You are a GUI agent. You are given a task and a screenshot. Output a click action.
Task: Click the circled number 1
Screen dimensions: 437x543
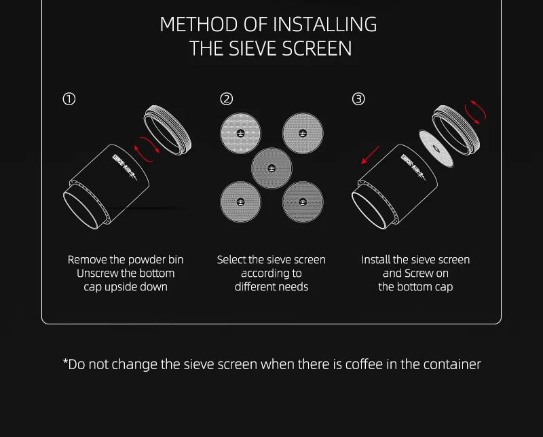69,99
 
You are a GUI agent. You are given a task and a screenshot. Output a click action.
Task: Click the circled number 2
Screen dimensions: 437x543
227,99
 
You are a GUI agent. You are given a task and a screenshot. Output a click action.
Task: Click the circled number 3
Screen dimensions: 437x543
358,99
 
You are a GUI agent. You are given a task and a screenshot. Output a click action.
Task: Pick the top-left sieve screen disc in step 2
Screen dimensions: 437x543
240,133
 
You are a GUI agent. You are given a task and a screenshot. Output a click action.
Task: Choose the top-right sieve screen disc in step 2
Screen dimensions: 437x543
303,133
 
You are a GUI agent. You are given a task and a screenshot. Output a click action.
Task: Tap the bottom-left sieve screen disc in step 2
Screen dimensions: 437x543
240,202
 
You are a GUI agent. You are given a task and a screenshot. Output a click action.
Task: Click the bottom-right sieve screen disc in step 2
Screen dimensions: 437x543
303,202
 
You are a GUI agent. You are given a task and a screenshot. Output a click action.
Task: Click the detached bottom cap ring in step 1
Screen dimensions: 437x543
168,130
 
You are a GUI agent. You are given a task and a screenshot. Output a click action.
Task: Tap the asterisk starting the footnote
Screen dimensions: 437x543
66,362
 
